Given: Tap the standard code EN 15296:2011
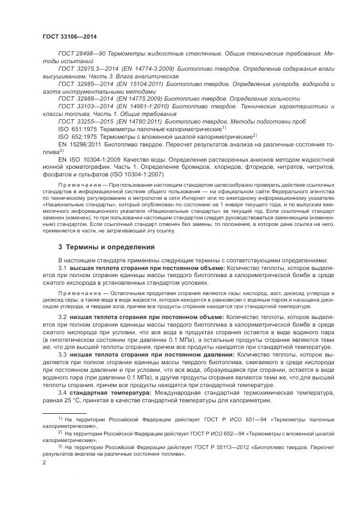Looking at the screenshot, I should click(x=79, y=146).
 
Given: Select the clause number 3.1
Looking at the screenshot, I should click(x=62, y=268).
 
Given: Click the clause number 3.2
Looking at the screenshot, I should click(x=62, y=316).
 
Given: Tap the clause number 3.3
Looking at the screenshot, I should click(x=62, y=354).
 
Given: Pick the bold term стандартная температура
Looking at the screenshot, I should click(x=106, y=393).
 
